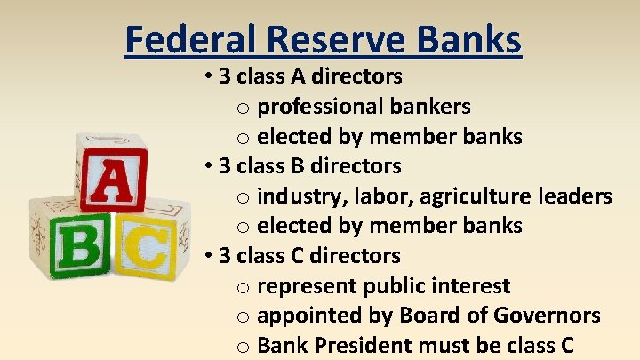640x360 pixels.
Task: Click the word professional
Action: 318,108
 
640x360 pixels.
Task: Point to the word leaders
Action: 575,196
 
